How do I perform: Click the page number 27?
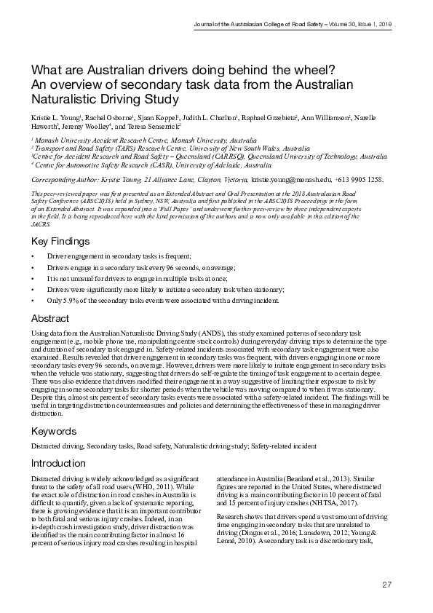coord(387,585)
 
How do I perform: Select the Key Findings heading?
coord(60,241)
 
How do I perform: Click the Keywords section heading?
coord(53,431)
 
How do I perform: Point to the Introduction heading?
coord(58,463)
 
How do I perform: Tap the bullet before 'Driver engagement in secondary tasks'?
coord(33,257)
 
